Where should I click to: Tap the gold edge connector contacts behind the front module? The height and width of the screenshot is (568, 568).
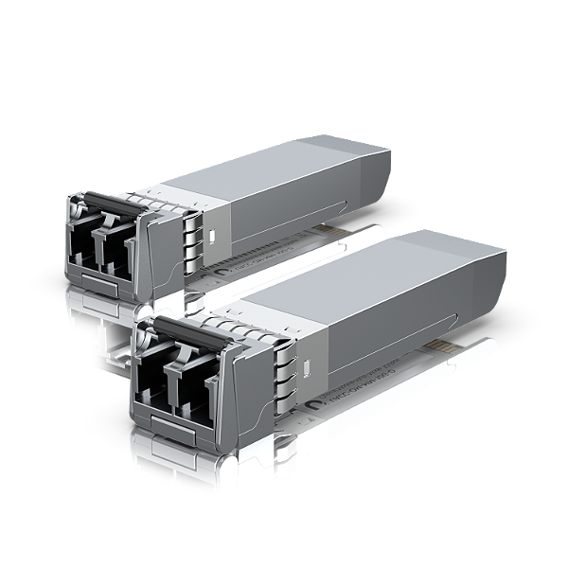(x=446, y=349)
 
